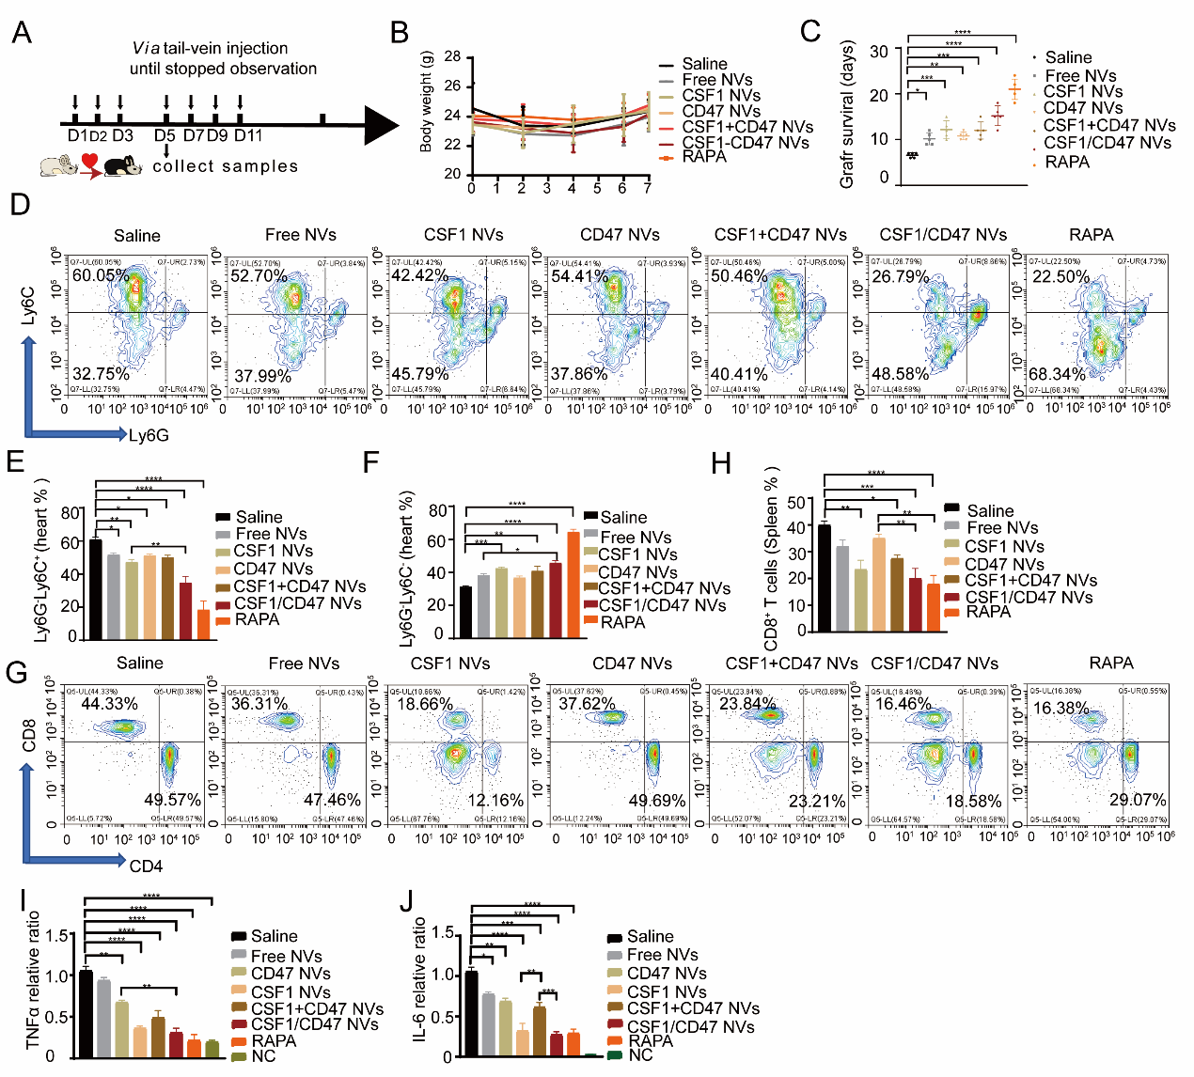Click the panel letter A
21,34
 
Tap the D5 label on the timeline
165,135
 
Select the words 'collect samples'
225,166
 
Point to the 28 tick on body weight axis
453,57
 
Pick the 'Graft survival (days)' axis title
847,115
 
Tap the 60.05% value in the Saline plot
101,276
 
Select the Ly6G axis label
149,435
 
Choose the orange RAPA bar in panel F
573,585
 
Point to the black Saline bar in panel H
824,577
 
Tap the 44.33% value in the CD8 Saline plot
109,704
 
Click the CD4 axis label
146,866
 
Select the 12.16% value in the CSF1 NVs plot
495,801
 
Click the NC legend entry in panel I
263,1056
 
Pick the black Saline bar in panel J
471,1013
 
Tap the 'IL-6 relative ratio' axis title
420,979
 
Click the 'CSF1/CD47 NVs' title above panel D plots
943,235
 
